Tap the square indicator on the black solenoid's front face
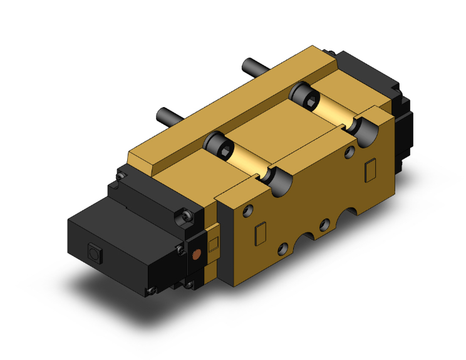click(x=95, y=254)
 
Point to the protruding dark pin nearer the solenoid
click(x=164, y=115)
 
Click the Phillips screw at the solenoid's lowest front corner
click(x=150, y=290)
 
